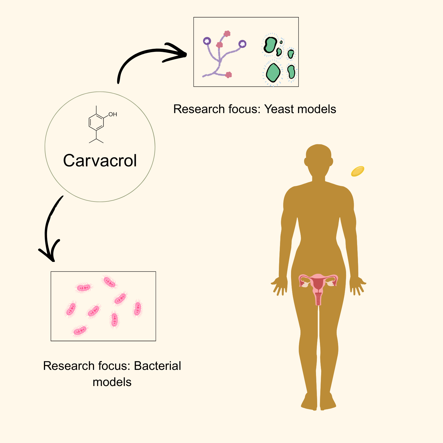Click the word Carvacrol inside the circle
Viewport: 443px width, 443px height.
(100, 161)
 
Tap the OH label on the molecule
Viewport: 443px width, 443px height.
(113, 115)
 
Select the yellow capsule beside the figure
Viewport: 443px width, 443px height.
(357, 171)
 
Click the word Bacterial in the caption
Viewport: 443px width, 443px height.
(157, 366)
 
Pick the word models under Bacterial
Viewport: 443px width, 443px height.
(112, 382)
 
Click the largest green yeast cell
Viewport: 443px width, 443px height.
(273, 73)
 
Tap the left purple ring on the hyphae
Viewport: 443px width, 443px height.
(207, 41)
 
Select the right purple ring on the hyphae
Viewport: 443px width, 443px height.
(242, 44)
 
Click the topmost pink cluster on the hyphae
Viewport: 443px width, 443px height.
(227, 34)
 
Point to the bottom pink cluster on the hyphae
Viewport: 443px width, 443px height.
(228, 75)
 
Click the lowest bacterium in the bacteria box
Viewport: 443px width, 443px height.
(80, 330)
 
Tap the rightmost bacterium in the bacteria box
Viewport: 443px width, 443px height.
(137, 308)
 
